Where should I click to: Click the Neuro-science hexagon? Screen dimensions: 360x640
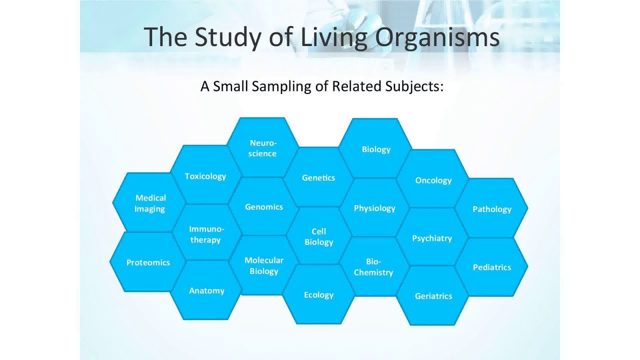pyautogui.click(x=263, y=148)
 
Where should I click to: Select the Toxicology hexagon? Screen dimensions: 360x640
pyautogui.click(x=205, y=176)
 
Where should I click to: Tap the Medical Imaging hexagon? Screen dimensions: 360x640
pyautogui.click(x=150, y=203)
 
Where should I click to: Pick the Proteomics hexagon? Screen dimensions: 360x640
pyautogui.click(x=148, y=262)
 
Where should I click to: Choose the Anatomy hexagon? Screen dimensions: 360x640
pyautogui.click(x=206, y=290)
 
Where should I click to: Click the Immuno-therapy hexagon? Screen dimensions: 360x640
pyautogui.click(x=206, y=234)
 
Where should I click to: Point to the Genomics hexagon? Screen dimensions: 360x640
pyautogui.click(x=264, y=206)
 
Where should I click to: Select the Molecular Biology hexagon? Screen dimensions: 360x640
pyautogui.click(x=264, y=265)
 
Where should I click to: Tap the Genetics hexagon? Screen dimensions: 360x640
pyautogui.click(x=318, y=177)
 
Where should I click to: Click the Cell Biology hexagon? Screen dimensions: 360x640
pyautogui.click(x=319, y=236)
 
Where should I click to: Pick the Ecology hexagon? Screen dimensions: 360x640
pyautogui.click(x=318, y=294)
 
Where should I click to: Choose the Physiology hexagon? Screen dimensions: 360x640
pyautogui.click(x=374, y=208)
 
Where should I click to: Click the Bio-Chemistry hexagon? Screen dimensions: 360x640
pyautogui.click(x=373, y=267)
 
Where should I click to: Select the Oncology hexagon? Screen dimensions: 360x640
pyautogui.click(x=433, y=180)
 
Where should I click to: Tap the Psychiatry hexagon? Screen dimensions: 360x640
pyautogui.click(x=432, y=238)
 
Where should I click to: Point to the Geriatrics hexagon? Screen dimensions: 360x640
pyautogui.click(x=433, y=296)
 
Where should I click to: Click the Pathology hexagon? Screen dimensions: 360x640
pyautogui.click(x=492, y=209)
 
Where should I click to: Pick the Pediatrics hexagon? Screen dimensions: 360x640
pyautogui.click(x=492, y=267)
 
